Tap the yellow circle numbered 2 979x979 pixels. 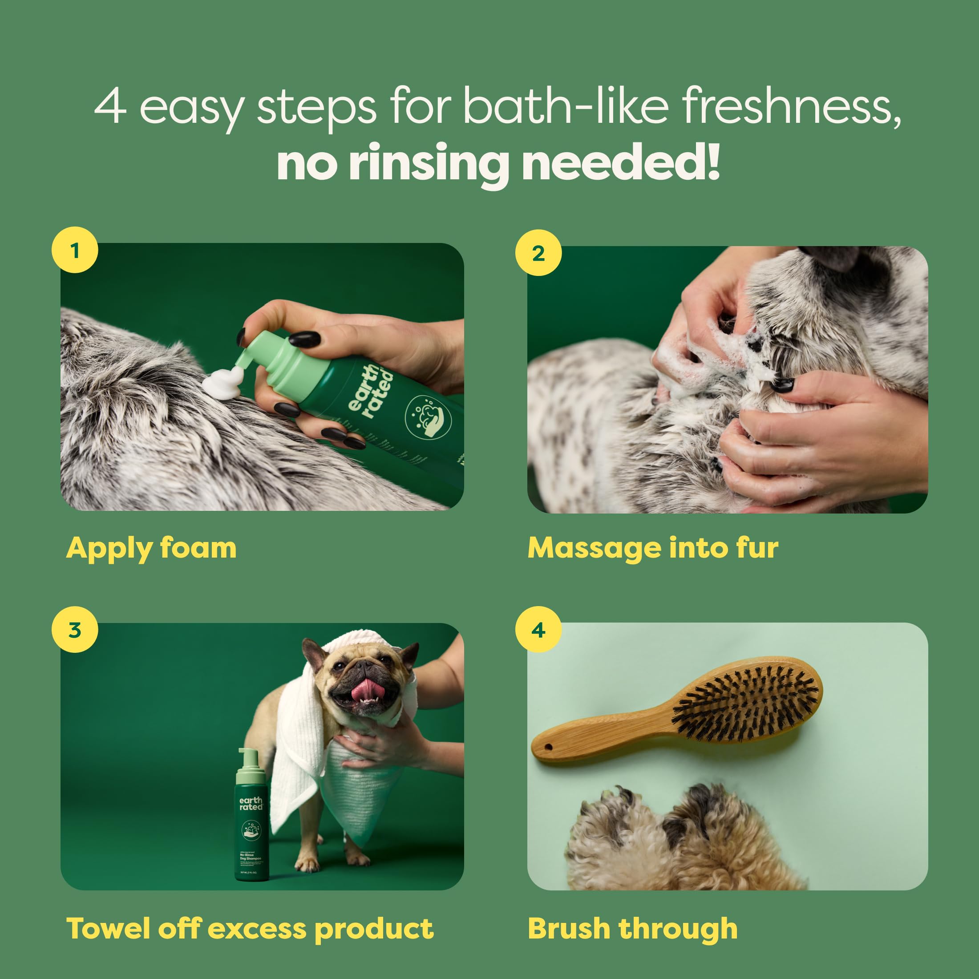(x=538, y=253)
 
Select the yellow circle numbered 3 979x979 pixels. (x=75, y=630)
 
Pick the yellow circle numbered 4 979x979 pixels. (x=538, y=630)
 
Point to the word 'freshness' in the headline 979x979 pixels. (x=790, y=106)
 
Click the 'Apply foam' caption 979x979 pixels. (x=151, y=548)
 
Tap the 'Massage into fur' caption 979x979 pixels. (x=653, y=548)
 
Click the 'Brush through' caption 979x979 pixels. (x=632, y=928)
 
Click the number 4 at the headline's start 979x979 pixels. (x=110, y=106)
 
